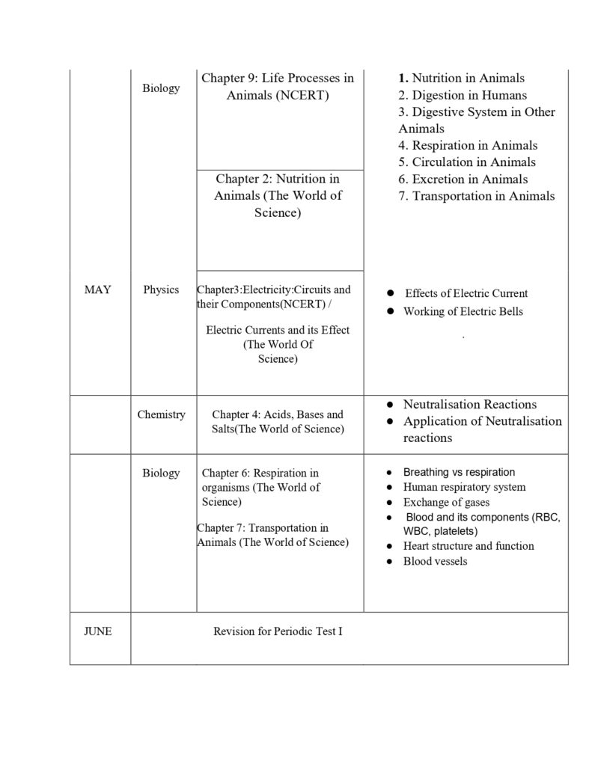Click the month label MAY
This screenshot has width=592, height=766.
tap(97, 289)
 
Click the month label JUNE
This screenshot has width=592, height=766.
tap(97, 631)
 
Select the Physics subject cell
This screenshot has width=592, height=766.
tap(161, 289)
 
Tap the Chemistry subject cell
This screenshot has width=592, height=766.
tap(161, 414)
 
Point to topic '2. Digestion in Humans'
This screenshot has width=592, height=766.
tap(462, 95)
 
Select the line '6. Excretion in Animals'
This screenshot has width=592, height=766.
tap(463, 179)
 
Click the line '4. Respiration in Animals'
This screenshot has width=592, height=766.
tap(467, 145)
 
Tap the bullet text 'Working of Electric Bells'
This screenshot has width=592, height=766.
tap(463, 311)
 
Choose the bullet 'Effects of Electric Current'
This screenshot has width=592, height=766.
tap(466, 293)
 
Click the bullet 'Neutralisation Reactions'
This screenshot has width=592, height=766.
tap(469, 404)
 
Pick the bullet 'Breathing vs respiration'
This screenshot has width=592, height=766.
tap(459, 472)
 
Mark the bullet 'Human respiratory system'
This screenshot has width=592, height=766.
tap(464, 487)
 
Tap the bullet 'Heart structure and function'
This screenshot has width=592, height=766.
tap(469, 546)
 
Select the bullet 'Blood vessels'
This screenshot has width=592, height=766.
tap(435, 561)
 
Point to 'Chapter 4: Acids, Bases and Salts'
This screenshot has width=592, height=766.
tap(278, 422)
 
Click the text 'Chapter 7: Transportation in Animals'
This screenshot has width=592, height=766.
tap(273, 535)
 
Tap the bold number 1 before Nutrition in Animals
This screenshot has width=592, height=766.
tap(403, 78)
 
